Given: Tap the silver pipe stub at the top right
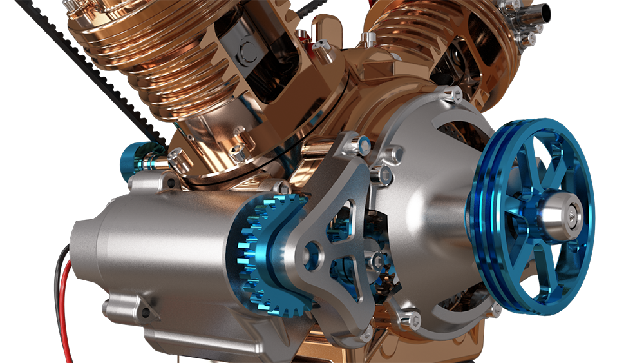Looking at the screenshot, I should click(535, 13).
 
